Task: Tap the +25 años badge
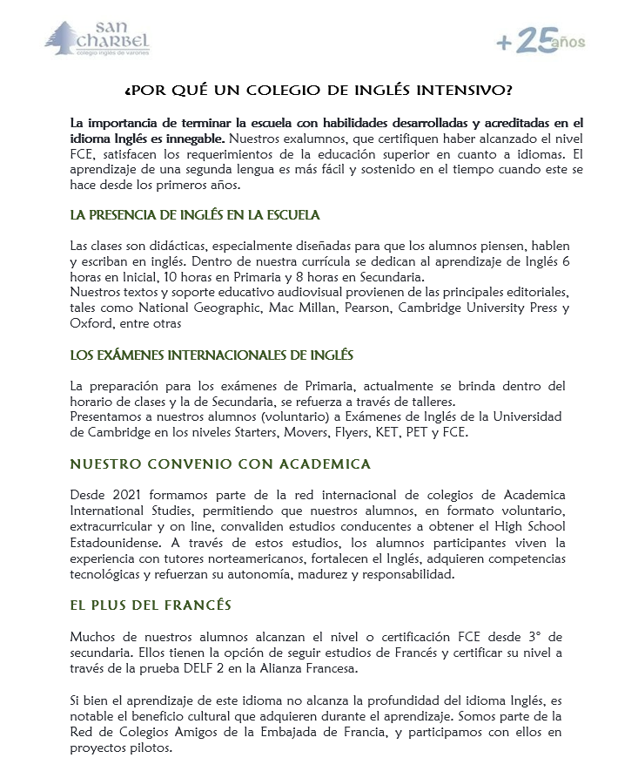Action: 540,41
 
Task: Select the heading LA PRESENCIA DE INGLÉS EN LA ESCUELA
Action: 195,214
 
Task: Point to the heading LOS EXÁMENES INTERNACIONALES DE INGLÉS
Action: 212,355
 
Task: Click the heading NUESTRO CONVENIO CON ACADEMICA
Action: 220,463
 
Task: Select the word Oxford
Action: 91,322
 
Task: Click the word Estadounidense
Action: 121,542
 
